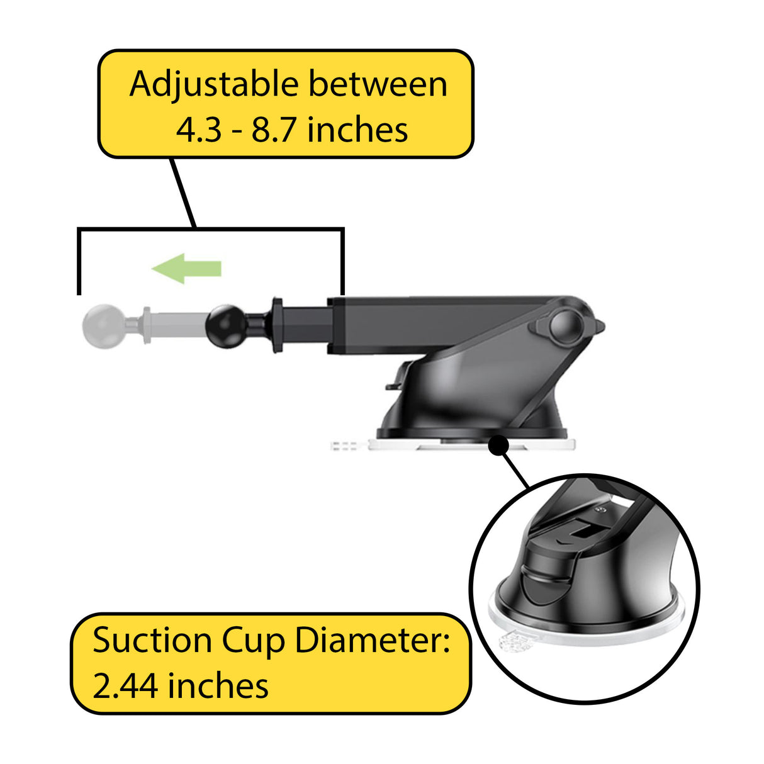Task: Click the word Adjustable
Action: point(213,86)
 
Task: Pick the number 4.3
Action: point(198,130)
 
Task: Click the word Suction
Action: point(152,641)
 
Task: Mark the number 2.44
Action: point(126,685)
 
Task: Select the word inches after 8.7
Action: point(357,130)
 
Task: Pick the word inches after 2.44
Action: point(218,685)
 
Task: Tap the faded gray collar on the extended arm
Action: point(147,325)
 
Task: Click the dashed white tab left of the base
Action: point(344,446)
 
